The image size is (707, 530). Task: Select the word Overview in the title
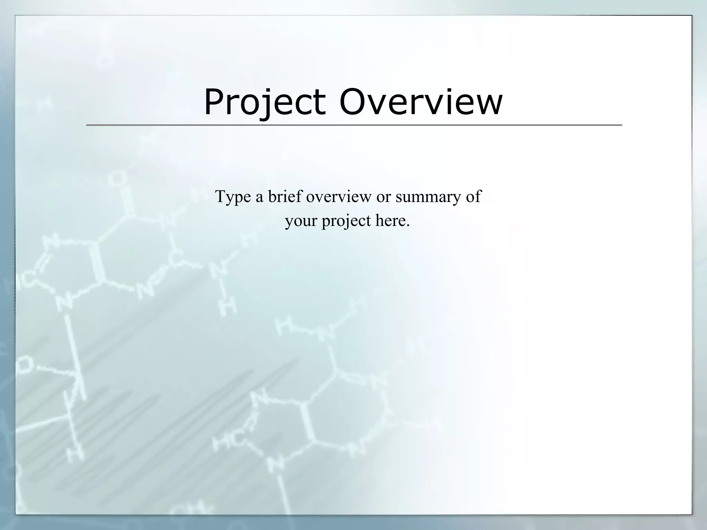(421, 102)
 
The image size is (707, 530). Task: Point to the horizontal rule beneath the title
(354, 125)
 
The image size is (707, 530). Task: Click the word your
(300, 221)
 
